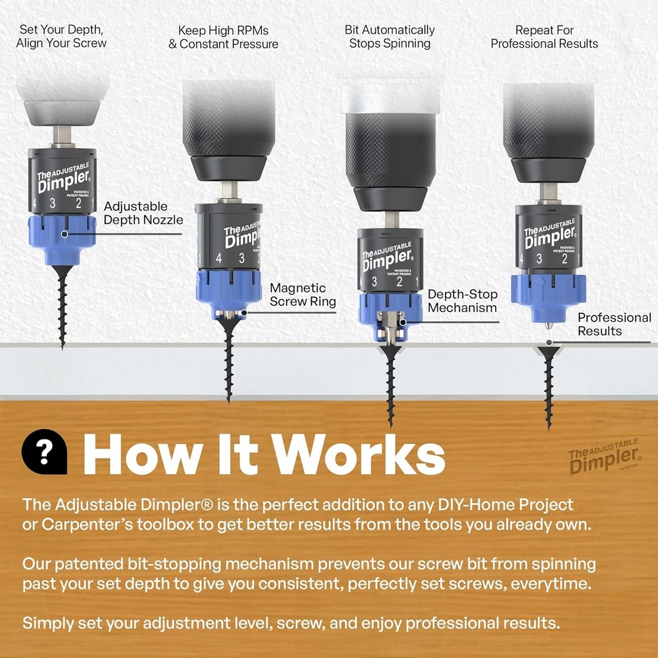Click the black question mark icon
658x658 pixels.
pyautogui.click(x=45, y=452)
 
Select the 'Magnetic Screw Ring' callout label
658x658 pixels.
pyautogui.click(x=302, y=294)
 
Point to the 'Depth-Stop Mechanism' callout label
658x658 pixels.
pyautogui.click(x=463, y=301)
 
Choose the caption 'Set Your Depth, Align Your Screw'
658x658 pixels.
pyautogui.click(x=61, y=37)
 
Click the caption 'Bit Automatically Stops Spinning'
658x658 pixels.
pyautogui.click(x=390, y=37)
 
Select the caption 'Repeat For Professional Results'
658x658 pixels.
pyautogui.click(x=544, y=37)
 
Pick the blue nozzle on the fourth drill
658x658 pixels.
pyautogui.click(x=548, y=296)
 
